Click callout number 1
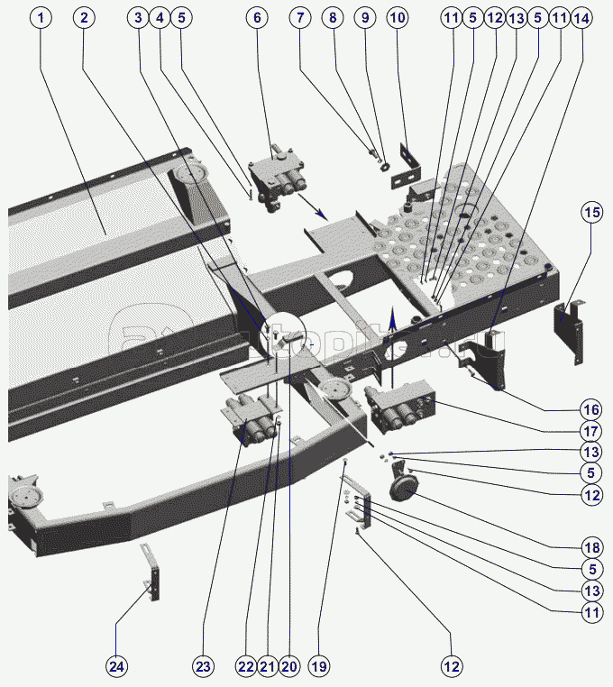coord(41,18)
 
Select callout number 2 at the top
coord(84,18)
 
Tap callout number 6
coord(257,18)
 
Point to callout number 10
coord(398,18)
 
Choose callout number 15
coord(590,213)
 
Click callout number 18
coord(590,546)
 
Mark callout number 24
coord(116,666)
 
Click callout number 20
coord(288,666)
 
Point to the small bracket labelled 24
coord(153,573)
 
